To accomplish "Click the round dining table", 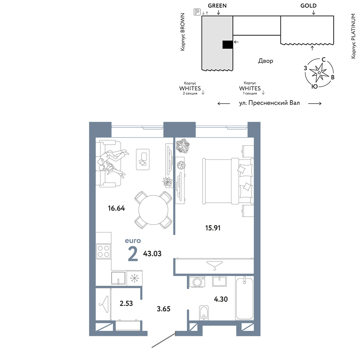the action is pos(153,210).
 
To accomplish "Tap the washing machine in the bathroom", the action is pos(197,282).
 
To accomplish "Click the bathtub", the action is pos(244,298).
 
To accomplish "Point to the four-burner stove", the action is pos(103,251).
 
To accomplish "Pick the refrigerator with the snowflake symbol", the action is pos(135,278).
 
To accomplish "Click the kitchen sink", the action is pos(119,278).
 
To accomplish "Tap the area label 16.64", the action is pos(116,208).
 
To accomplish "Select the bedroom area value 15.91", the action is pos(213,228).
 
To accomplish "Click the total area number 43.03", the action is pos(152,254).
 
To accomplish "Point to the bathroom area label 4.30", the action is pos(221,299).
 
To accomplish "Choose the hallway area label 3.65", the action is pos(163,309).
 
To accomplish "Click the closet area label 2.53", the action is pos(126,303).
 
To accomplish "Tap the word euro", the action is pos(133,240).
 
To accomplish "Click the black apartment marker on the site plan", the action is pos(228,45).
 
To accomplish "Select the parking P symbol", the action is pos(197,12).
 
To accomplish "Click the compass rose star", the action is pos(319,73).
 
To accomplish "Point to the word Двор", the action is pos(266,61).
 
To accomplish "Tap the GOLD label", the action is pos(309,6).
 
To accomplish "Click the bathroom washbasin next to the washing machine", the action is pos(219,281).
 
